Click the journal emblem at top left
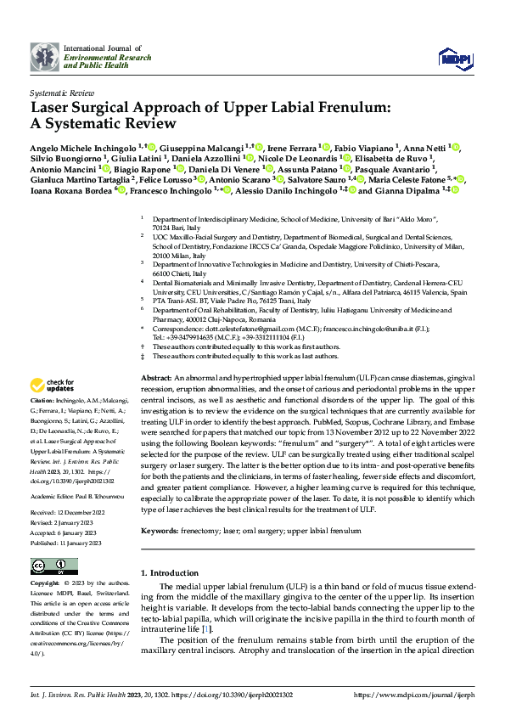point(45,57)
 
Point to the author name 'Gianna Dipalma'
point(406,190)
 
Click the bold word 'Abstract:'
point(157,376)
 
